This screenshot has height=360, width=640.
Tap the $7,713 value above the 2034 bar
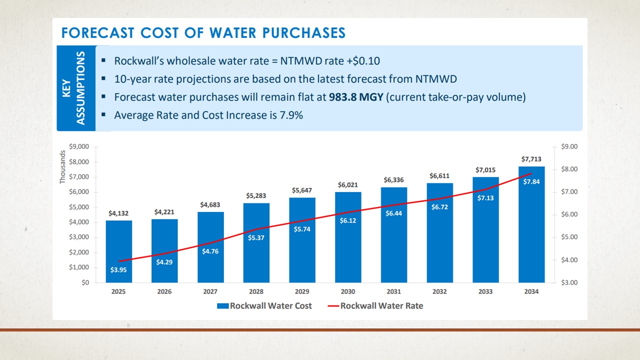pyautogui.click(x=531, y=159)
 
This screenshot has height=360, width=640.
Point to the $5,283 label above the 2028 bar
pyautogui.click(x=256, y=195)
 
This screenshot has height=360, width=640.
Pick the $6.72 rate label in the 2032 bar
pyautogui.click(x=439, y=206)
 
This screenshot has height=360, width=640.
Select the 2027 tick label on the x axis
pyautogui.click(x=210, y=291)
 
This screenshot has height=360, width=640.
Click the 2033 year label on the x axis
pyautogui.click(x=485, y=291)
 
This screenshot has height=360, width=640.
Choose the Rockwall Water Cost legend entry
pyautogui.click(x=264, y=305)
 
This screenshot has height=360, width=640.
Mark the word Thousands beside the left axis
pyautogui.click(x=63, y=167)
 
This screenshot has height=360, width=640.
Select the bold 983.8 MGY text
pyautogui.click(x=355, y=97)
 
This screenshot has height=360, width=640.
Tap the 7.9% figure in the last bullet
pyautogui.click(x=291, y=115)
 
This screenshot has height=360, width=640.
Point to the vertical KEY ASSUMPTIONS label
pyautogui.click(x=75, y=88)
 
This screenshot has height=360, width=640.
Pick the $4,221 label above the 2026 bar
pyautogui.click(x=164, y=212)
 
